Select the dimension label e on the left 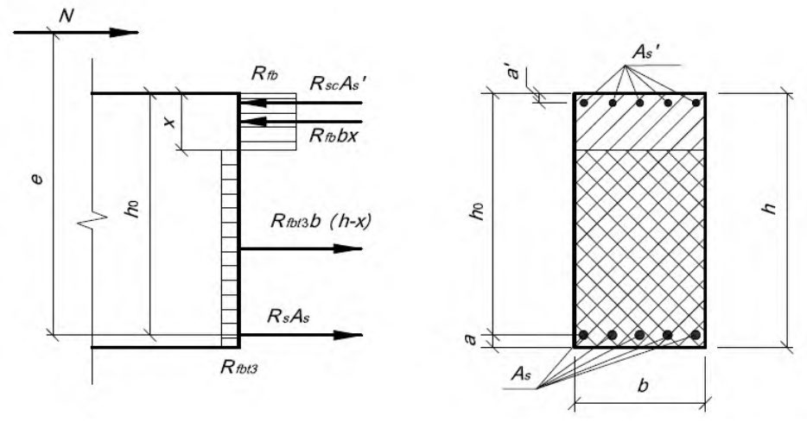coord(37,180)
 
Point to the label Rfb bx coord(334,136)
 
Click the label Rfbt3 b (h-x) coord(321,222)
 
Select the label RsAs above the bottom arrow coord(289,316)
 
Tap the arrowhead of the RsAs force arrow coord(348,336)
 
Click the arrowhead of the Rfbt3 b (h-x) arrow coord(348,249)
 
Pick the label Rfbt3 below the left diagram coord(238,367)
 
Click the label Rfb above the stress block coord(264,74)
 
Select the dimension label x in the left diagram coord(170,122)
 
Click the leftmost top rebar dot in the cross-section coord(583,103)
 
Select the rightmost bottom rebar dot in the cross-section coord(696,335)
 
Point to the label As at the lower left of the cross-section coord(520,375)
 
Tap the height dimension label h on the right coord(771,207)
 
